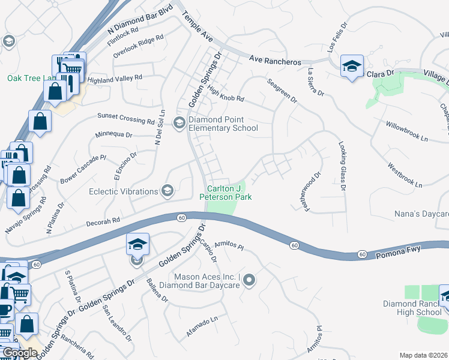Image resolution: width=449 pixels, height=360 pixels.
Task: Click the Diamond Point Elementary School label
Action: tap(223, 124)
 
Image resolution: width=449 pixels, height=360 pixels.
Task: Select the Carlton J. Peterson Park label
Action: tap(225, 192)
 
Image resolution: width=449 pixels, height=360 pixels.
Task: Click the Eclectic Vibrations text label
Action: tap(124, 191)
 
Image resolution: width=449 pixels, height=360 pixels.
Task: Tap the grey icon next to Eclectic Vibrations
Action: tap(167, 191)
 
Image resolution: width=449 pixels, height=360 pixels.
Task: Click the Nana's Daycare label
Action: tap(421, 214)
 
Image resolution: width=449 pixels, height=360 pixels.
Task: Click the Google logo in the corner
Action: tap(20, 352)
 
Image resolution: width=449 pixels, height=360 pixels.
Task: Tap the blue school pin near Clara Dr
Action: tap(352, 65)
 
